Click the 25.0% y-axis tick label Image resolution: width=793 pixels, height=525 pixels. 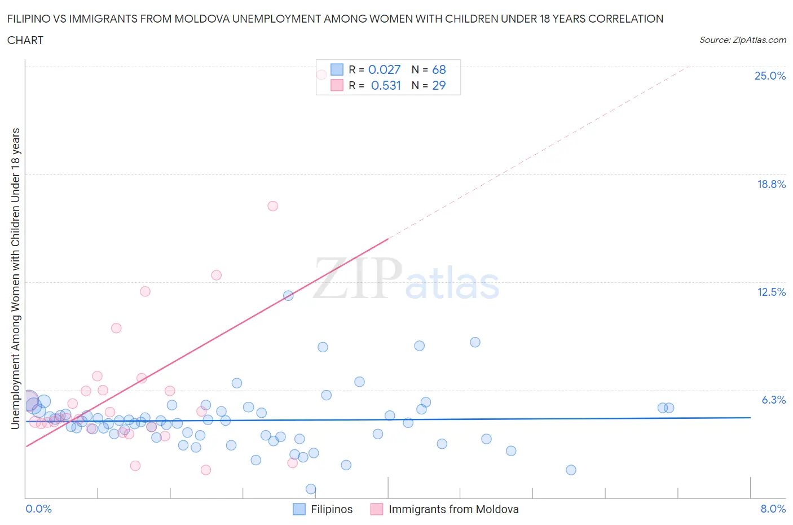pos(770,76)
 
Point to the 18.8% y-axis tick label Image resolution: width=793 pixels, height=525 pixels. pos(771,184)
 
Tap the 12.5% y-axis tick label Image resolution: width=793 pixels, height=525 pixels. pos(771,292)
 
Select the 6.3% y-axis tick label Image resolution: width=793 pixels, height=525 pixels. pos(773,400)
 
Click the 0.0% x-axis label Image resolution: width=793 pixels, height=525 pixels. pos(38,509)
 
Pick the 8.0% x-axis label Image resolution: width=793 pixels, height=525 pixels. pos(773,509)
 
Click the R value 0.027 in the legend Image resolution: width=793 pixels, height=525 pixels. pos(384,69)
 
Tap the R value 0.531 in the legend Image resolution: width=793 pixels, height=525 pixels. pos(386,85)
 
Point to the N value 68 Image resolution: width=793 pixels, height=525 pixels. pos(439,69)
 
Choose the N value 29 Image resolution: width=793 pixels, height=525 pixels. pos(439,85)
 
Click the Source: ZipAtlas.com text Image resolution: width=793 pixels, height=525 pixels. pos(742,40)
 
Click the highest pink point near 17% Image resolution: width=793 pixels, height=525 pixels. pos(272,206)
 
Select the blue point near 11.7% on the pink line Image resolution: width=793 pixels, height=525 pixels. pos(288,295)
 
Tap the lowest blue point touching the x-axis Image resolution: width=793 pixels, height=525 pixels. pos(311,489)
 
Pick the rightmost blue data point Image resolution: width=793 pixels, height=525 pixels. pos(669,408)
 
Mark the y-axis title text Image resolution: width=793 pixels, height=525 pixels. pos(15,278)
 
